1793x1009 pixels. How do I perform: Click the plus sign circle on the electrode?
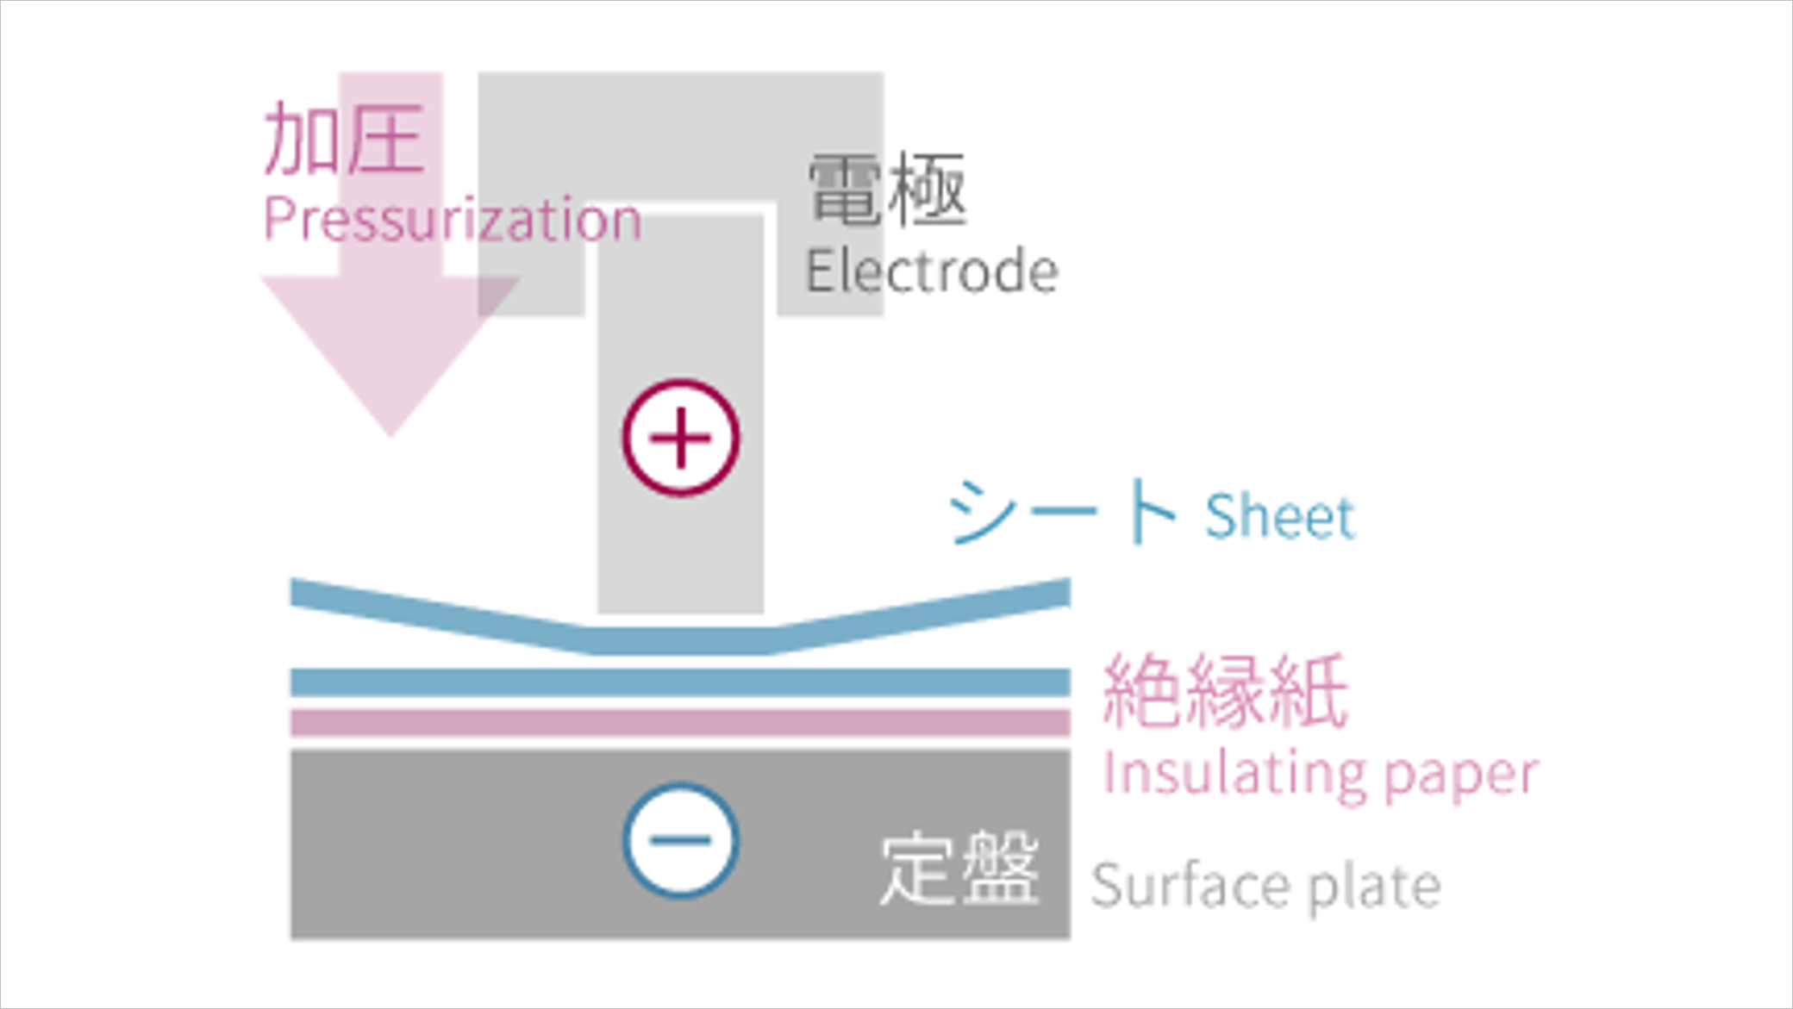click(681, 438)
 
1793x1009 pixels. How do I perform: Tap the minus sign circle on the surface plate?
click(681, 840)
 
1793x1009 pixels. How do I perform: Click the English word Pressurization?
click(453, 220)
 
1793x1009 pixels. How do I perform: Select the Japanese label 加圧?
click(344, 139)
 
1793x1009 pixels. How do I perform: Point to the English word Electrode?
click(932, 271)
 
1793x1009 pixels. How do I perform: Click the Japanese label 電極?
click(887, 190)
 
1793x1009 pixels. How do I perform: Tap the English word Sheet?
click(1279, 516)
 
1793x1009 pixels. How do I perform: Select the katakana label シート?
click(1062, 512)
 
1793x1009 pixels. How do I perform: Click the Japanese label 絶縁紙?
click(1226, 692)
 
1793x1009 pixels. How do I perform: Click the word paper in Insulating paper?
click(1461, 777)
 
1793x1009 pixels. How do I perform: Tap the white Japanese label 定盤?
click(959, 869)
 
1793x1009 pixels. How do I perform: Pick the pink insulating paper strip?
click(680, 722)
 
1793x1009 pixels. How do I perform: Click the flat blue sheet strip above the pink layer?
click(680, 682)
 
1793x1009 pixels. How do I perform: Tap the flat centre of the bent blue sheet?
click(681, 641)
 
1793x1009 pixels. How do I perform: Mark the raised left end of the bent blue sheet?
click(293, 593)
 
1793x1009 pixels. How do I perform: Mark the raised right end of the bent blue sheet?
click(1068, 592)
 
